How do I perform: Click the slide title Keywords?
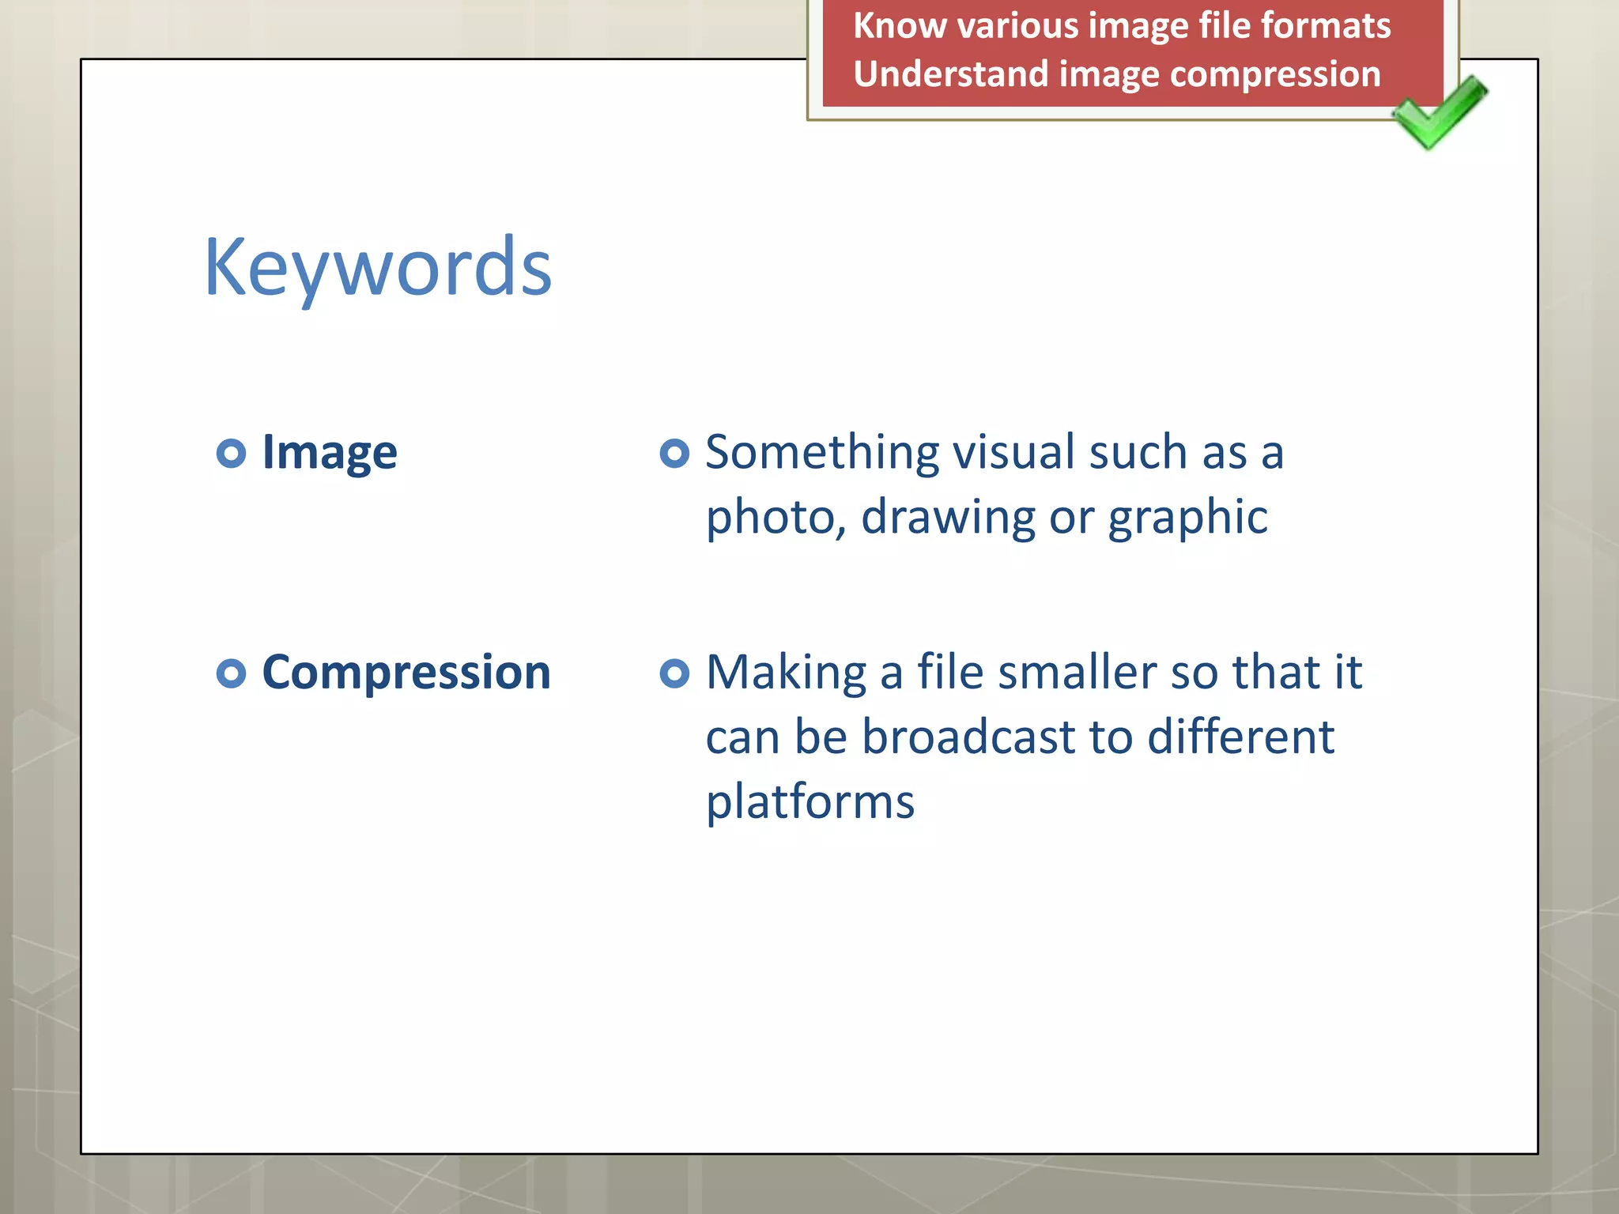378,269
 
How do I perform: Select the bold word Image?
329,453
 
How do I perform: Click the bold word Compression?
406,673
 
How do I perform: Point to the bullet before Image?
231,453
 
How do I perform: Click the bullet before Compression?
231,673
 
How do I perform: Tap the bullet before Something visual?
674,453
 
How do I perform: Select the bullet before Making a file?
674,673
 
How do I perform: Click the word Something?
822,453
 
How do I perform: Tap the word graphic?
1187,518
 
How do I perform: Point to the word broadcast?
968,737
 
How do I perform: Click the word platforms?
809,802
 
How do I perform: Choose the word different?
1240,737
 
